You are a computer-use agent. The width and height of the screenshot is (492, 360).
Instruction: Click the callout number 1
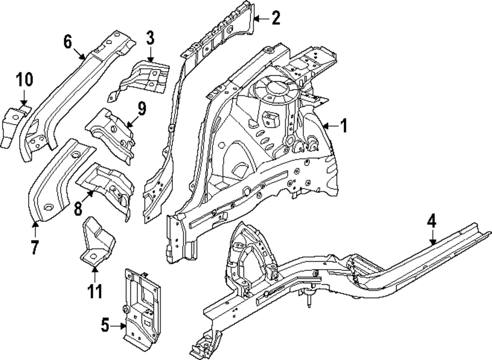343,126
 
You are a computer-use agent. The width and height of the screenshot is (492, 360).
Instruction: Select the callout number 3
150,37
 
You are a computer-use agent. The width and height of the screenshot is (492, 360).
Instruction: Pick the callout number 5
104,325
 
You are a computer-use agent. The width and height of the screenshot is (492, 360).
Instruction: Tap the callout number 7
34,247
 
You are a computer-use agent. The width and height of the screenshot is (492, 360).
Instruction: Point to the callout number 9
142,108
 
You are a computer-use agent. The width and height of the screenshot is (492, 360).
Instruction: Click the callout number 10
24,79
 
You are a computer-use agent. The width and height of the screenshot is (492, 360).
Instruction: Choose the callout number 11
94,291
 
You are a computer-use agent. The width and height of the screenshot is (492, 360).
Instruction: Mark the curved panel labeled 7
54,182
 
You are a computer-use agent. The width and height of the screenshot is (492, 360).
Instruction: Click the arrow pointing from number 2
260,19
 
